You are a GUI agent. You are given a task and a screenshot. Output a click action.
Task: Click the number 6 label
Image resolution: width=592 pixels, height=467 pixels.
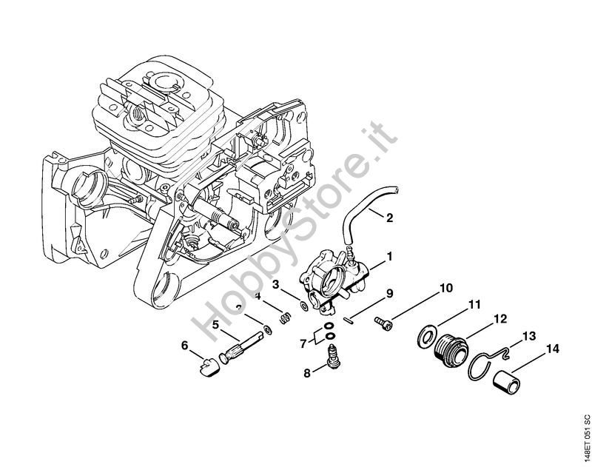185,345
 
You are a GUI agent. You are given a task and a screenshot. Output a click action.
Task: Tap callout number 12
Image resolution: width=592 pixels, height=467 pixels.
501,319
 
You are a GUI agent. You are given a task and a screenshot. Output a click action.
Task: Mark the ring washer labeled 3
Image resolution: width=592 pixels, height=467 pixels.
305,304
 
